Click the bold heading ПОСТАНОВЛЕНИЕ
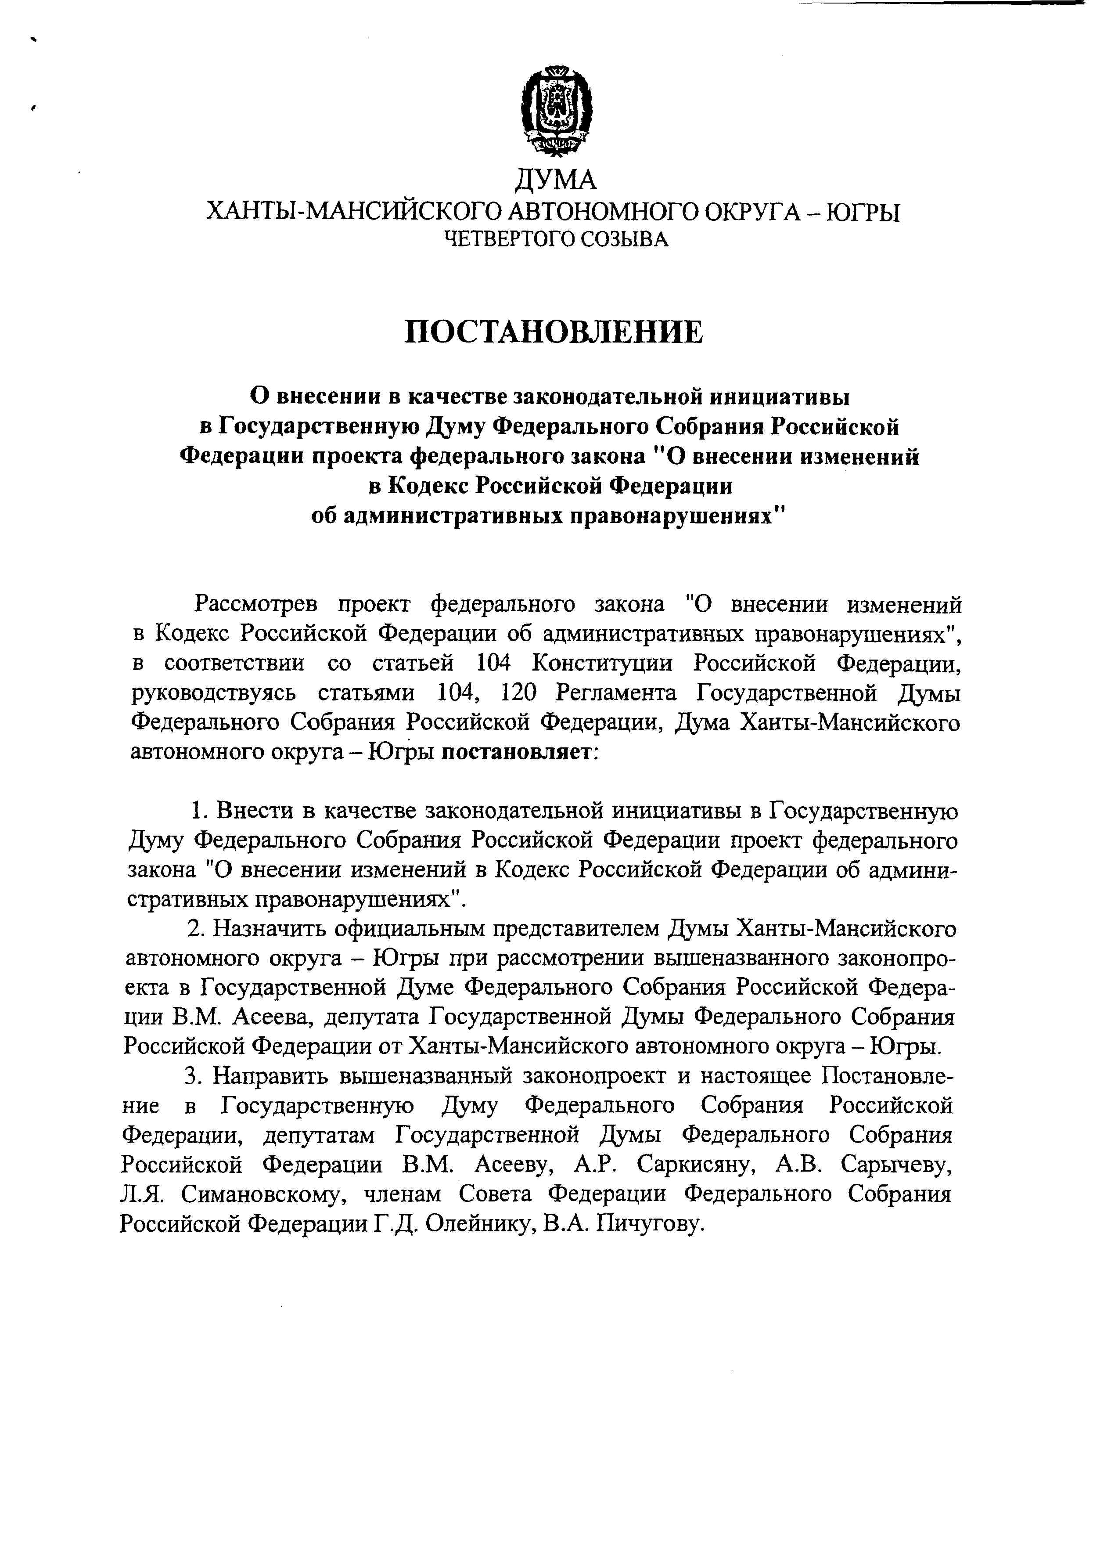(554, 332)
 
